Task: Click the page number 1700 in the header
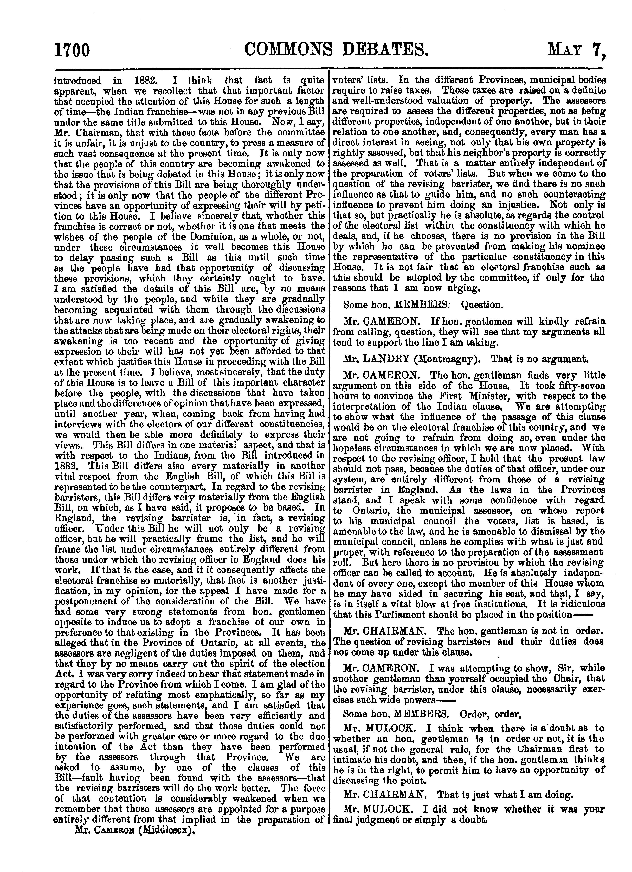(x=72, y=50)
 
